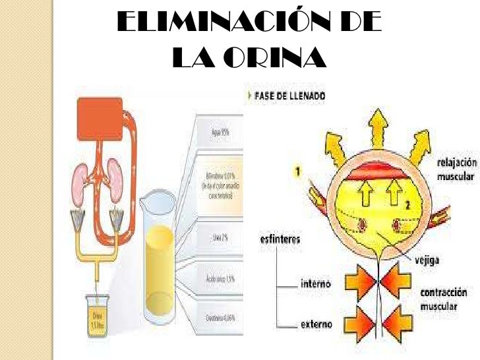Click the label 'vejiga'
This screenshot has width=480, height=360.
pyautogui.click(x=428, y=260)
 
